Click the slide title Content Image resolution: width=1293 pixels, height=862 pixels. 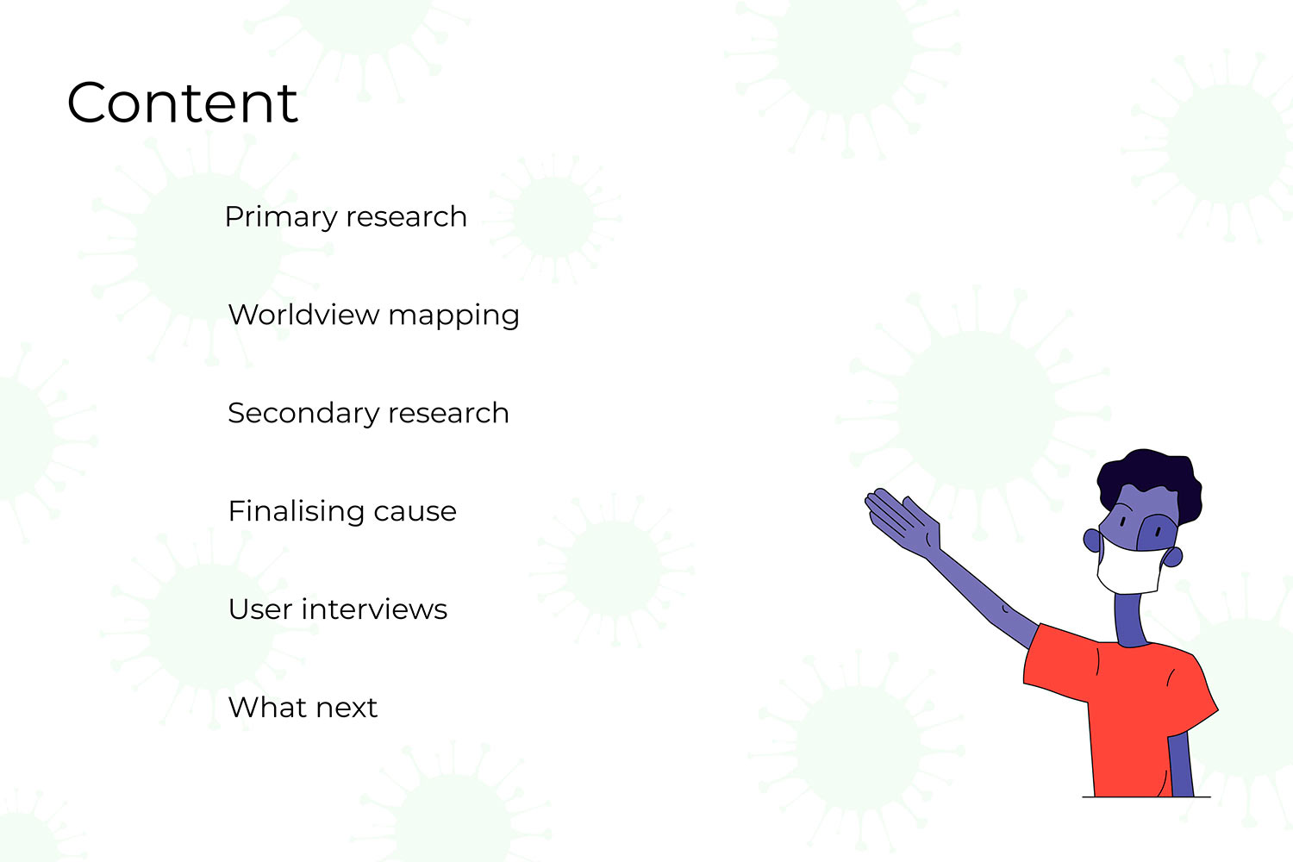click(x=183, y=103)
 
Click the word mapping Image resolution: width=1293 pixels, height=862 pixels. click(x=453, y=317)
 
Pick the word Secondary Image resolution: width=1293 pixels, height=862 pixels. click(x=303, y=413)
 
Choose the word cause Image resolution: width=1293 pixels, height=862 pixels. click(x=415, y=513)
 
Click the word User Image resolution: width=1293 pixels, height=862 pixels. click(x=259, y=609)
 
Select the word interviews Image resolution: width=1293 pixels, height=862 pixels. click(x=374, y=609)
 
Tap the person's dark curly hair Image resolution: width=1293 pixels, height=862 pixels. click(x=1149, y=482)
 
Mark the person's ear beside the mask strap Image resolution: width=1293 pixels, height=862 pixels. click(x=1173, y=557)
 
